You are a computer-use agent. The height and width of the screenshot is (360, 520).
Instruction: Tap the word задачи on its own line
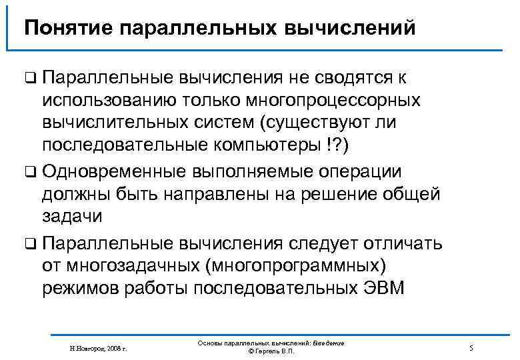click(x=73, y=217)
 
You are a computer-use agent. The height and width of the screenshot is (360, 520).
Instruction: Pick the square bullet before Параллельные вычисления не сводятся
click(x=29, y=79)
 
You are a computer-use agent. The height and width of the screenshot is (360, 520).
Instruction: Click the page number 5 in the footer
click(x=471, y=348)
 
